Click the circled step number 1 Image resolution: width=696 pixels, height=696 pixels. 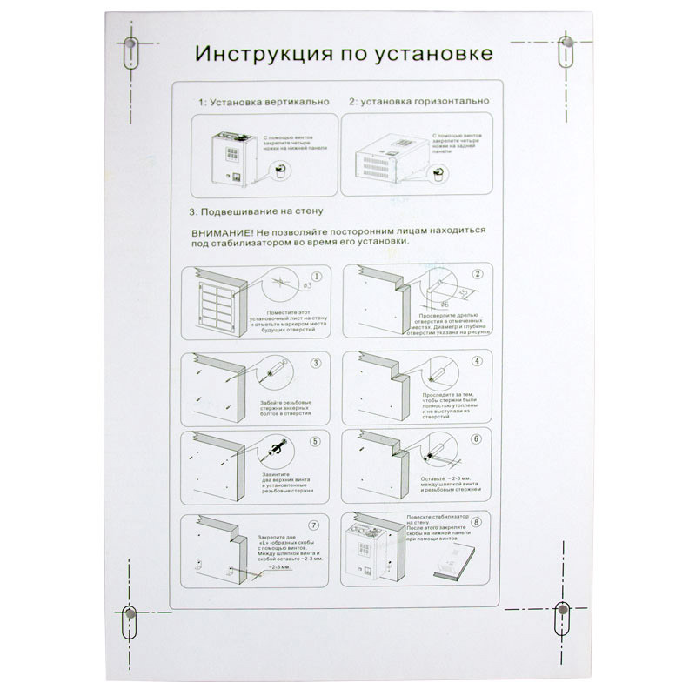click(x=316, y=276)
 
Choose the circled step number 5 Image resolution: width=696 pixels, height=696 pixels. click(x=316, y=440)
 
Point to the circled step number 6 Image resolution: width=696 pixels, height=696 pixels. click(x=476, y=438)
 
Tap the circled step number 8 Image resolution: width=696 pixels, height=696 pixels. click(x=476, y=522)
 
